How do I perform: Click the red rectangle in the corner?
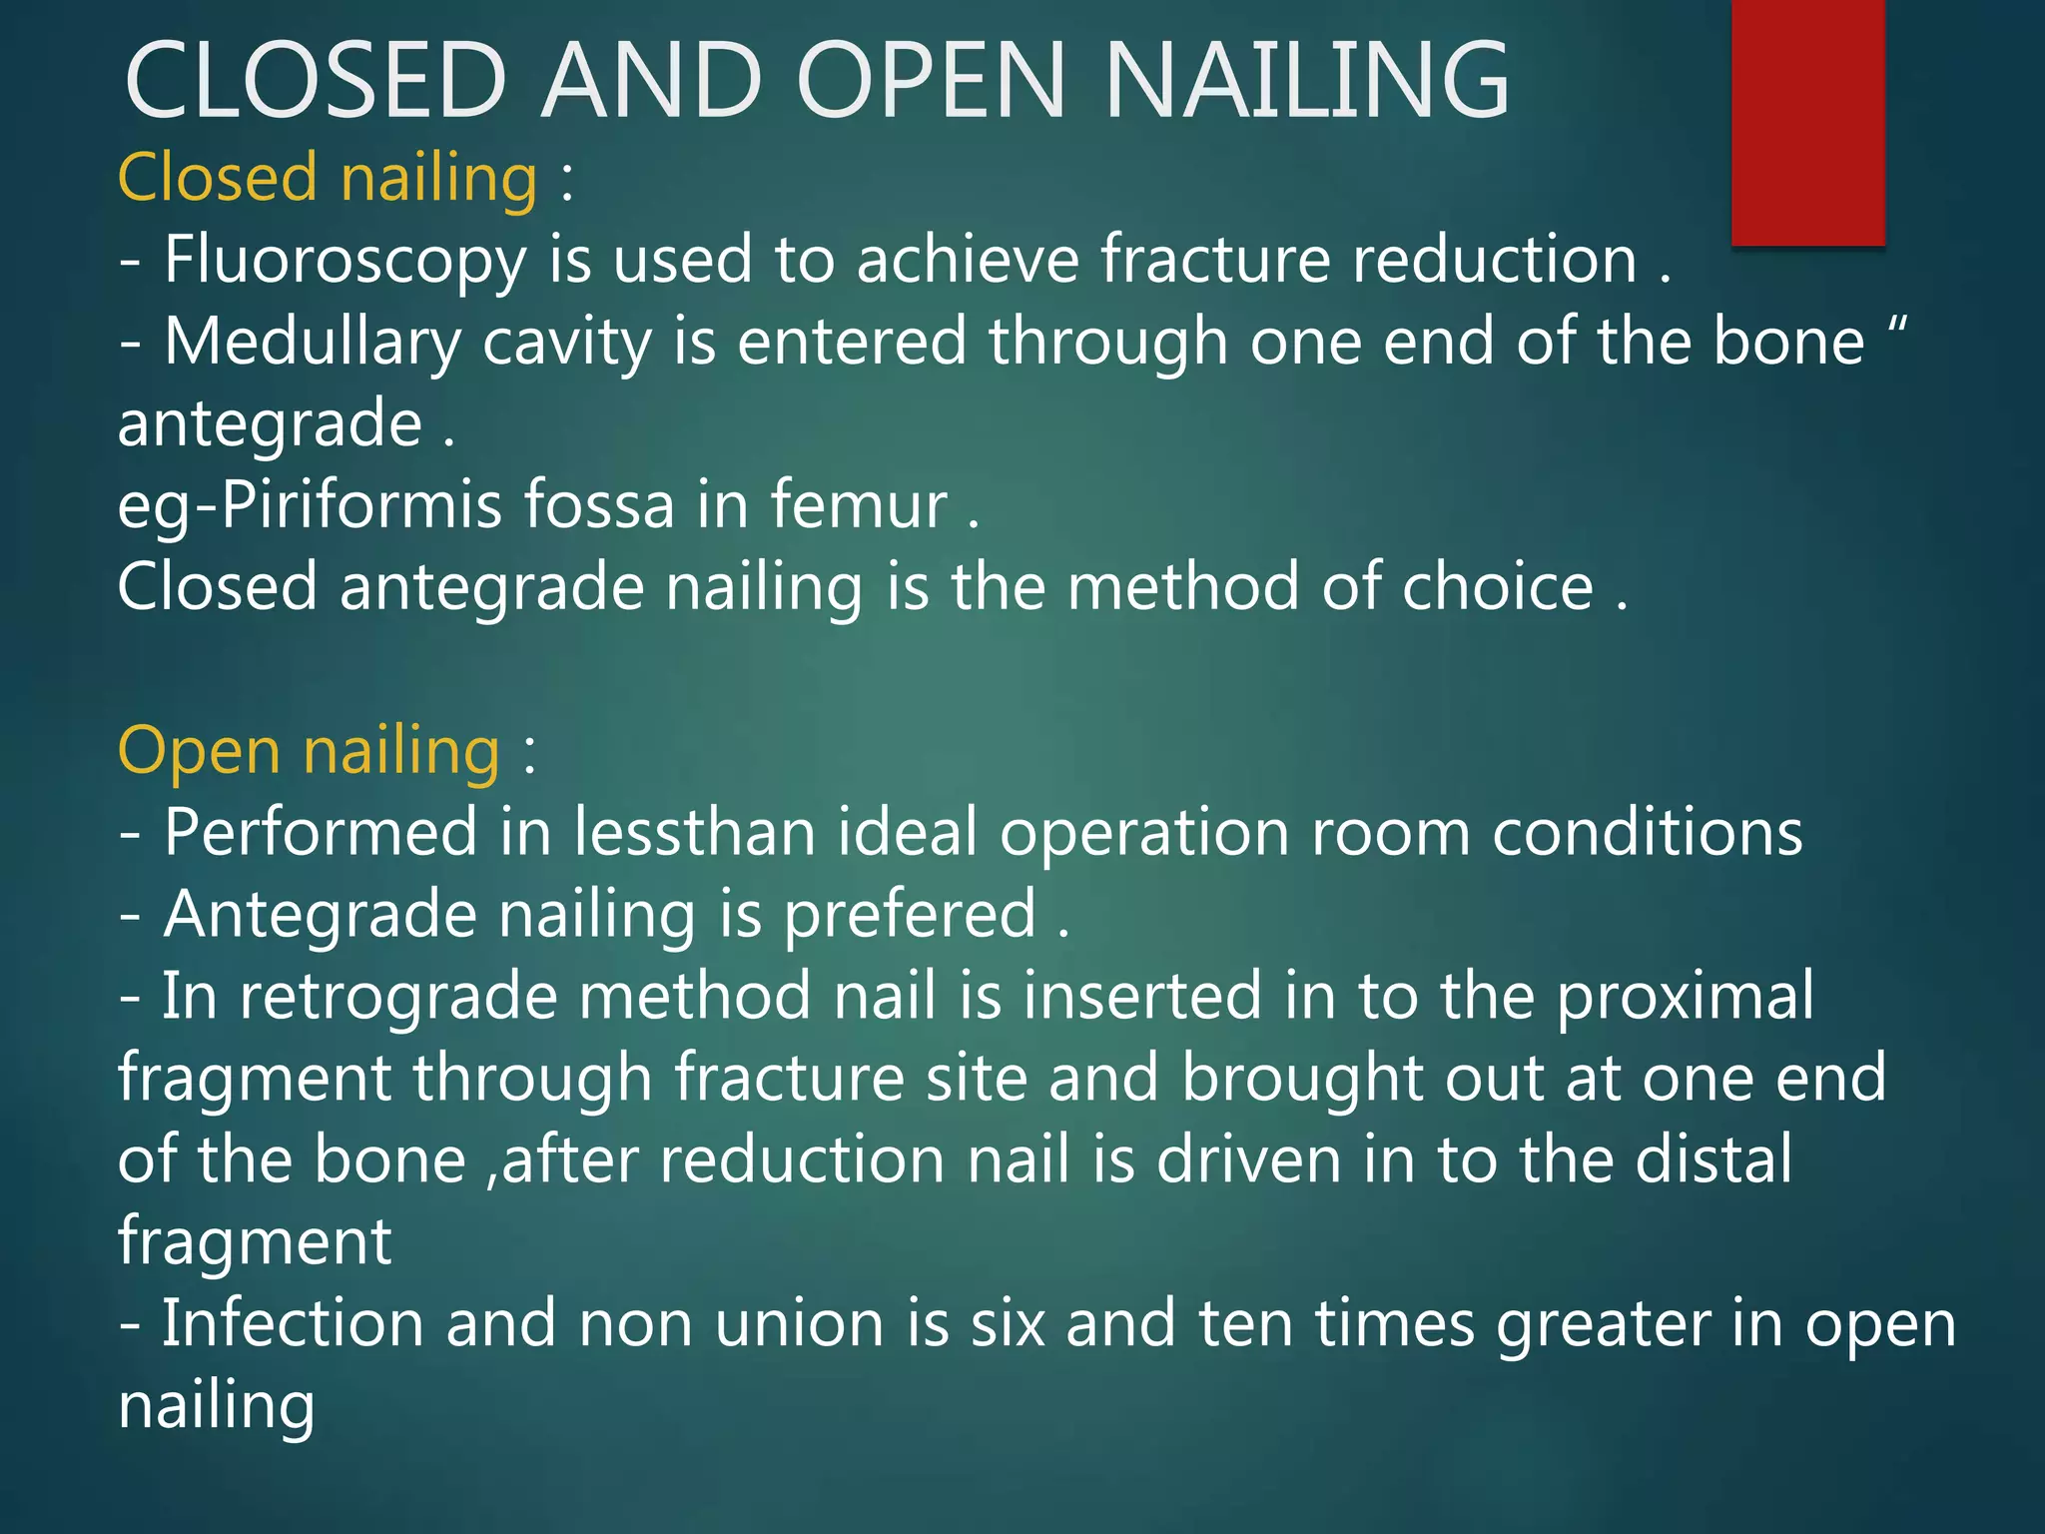(x=1807, y=122)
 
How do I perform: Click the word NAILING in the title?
(x=1307, y=82)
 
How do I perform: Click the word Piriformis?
(x=360, y=505)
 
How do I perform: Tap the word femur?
(x=858, y=505)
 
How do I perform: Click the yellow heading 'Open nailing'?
(x=309, y=751)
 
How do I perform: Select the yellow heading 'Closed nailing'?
(x=328, y=178)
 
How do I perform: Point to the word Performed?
(x=321, y=833)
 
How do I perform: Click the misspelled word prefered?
(x=910, y=915)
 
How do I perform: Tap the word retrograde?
(x=397, y=997)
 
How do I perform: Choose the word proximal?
(x=1685, y=997)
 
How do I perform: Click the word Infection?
(x=293, y=1324)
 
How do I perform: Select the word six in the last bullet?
(x=1008, y=1324)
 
